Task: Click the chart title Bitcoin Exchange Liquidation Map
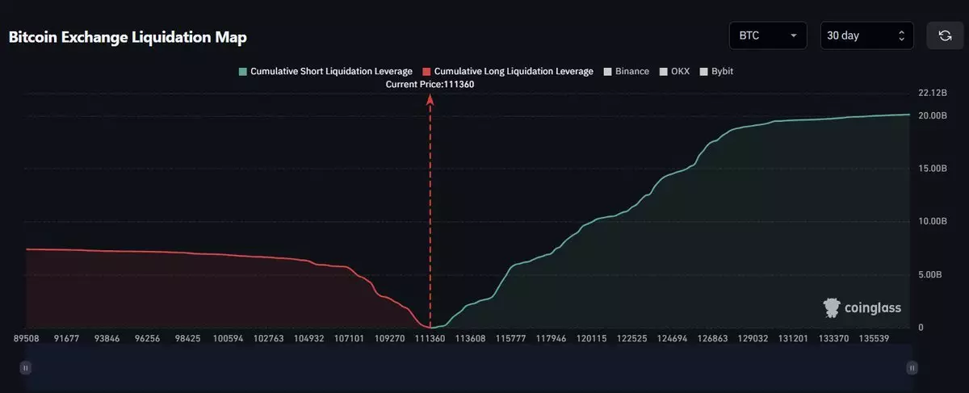[128, 38]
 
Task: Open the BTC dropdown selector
[767, 36]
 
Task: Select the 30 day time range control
[866, 36]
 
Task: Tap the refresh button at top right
[944, 36]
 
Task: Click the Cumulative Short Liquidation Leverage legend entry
[325, 71]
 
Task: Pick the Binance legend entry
[626, 71]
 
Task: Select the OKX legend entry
[676, 71]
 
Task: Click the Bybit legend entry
[716, 71]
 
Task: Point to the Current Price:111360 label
[430, 84]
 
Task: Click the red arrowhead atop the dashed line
[430, 99]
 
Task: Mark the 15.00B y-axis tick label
[932, 169]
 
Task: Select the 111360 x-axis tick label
[430, 339]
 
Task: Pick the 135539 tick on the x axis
[875, 339]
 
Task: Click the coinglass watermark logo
[862, 307]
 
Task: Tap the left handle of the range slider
[25, 368]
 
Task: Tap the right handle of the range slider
[912, 368]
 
